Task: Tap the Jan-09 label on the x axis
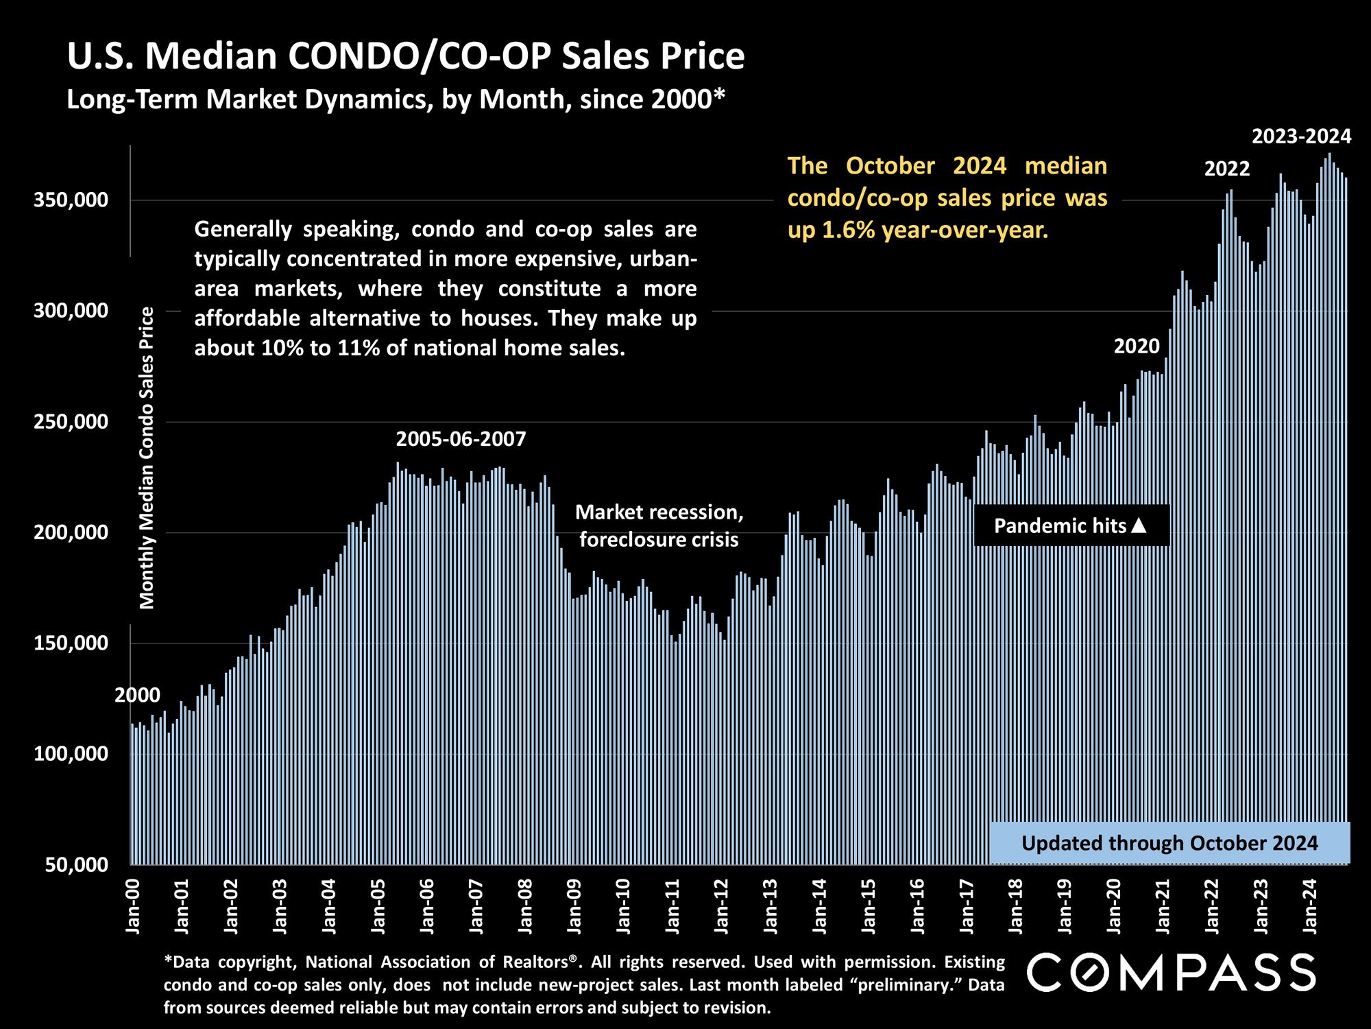574,903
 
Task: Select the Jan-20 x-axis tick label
1115,903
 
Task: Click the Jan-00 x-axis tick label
133,903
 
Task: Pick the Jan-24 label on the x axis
1311,903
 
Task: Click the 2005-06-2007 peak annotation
461,439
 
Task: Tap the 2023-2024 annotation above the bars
1301,137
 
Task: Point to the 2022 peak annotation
1227,169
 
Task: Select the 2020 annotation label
1136,346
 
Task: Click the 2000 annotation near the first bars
137,696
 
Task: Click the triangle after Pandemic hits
1139,525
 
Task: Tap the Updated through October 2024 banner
1169,843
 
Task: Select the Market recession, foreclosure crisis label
659,526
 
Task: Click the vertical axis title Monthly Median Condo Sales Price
147,458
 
